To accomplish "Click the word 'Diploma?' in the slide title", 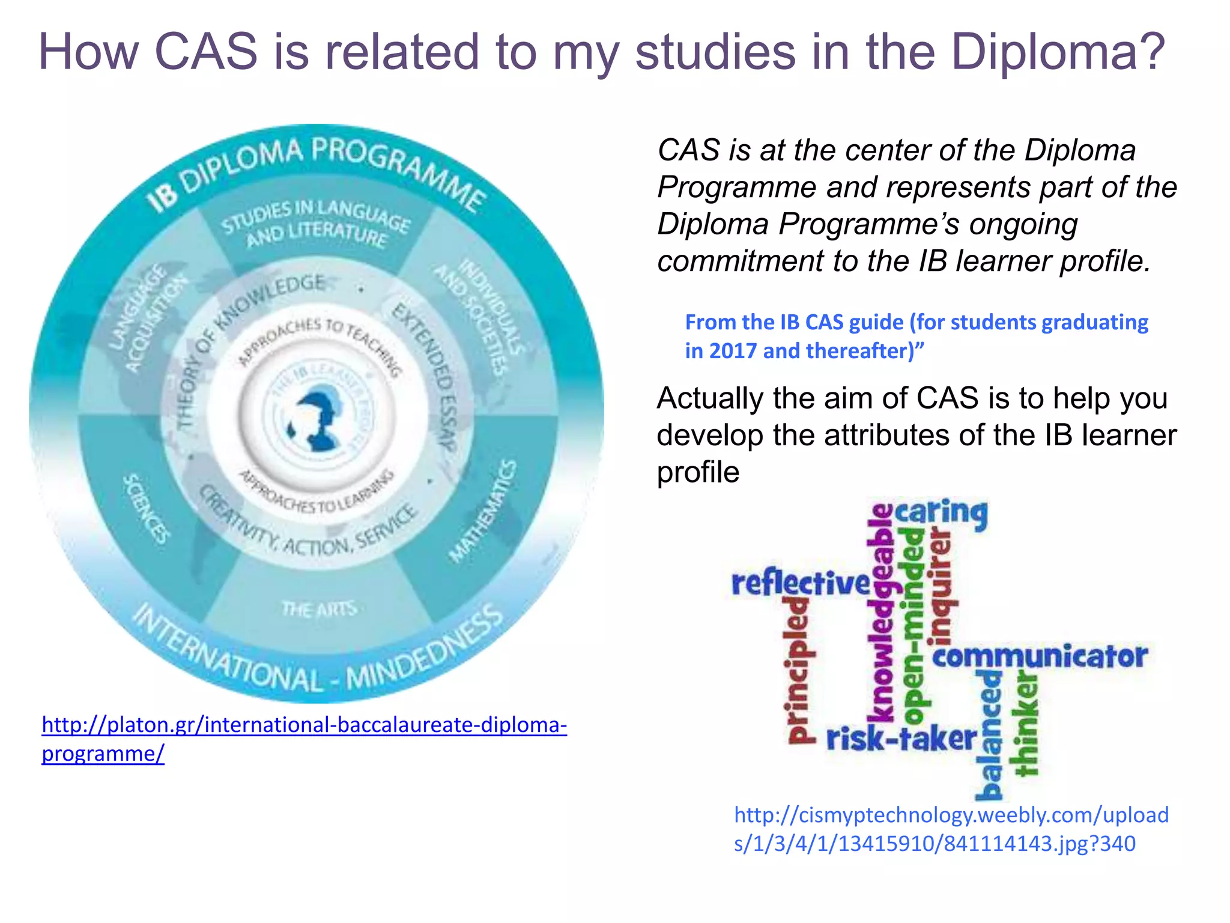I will pyautogui.click(x=1058, y=53).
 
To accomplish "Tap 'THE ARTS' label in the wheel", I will pyautogui.click(x=320, y=609).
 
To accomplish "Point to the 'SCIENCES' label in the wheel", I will pyautogui.click(x=147, y=508).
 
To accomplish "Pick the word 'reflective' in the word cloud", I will pyautogui.click(x=800, y=583).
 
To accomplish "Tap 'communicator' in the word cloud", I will pyautogui.click(x=1039, y=656).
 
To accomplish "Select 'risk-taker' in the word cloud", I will pyautogui.click(x=901, y=739).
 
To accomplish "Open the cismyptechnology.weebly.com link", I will pyautogui.click(x=951, y=829).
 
